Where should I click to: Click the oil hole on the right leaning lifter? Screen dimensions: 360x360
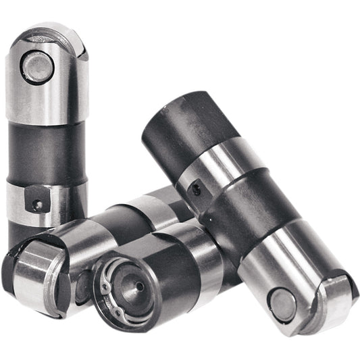[196, 190]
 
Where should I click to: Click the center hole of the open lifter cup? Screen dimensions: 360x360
[138, 286]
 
